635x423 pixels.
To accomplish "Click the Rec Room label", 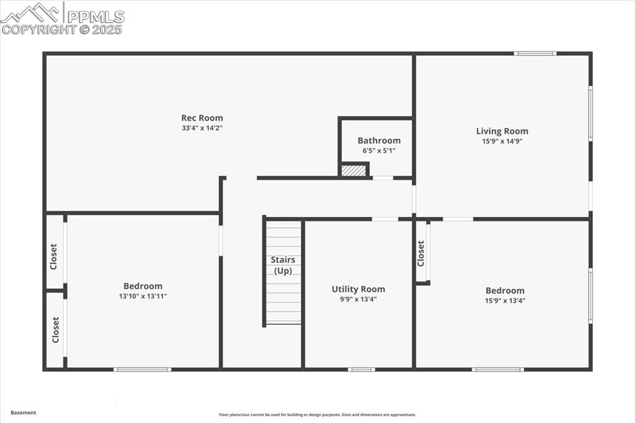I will point(202,118).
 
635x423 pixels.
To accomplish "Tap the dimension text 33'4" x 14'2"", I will point(202,128).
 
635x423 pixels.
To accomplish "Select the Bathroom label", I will point(379,141).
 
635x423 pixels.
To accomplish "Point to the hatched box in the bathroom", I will point(353,170).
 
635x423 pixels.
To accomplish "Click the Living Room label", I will point(502,131).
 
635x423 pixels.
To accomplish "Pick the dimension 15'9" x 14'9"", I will point(502,141).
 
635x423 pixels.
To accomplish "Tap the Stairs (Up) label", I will point(283,265).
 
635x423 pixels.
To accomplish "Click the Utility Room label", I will point(358,289).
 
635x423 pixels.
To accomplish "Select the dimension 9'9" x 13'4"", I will point(358,300).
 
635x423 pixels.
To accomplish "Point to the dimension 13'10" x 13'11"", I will point(143,296).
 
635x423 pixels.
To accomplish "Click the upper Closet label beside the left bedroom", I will point(54,256).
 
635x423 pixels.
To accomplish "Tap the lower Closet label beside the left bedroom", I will point(56,330).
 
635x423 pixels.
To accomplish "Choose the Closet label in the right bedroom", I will point(422,253).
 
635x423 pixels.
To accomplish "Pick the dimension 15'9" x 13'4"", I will point(505,301).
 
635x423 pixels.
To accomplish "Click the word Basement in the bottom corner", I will point(24,412).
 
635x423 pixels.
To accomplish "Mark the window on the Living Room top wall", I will point(535,53).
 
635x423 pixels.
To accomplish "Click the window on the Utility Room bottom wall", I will point(361,370).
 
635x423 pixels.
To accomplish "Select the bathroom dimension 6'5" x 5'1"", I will point(379,151).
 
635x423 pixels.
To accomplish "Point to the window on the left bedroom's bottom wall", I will point(142,370).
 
